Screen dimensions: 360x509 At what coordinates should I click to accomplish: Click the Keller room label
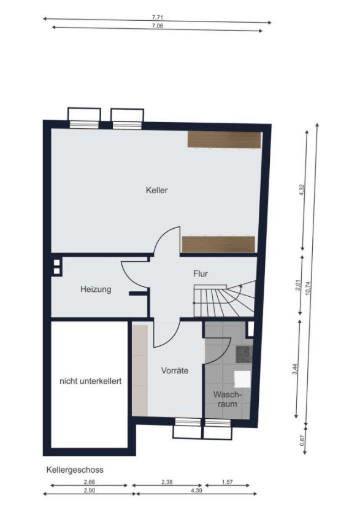[157, 190]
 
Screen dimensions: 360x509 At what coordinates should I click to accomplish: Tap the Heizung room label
[96, 289]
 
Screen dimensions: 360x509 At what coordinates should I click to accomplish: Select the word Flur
[201, 274]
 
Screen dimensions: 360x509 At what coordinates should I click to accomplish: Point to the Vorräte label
[175, 370]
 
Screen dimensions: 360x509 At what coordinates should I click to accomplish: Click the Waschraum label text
[228, 399]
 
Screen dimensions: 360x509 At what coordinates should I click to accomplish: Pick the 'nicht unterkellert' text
[91, 381]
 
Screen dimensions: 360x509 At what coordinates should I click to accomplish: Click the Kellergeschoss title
[75, 469]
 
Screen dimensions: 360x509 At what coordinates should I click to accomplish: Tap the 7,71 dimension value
[157, 18]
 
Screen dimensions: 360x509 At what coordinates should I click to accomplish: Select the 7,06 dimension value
[158, 26]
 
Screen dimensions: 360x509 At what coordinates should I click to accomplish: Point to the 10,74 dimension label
[308, 288]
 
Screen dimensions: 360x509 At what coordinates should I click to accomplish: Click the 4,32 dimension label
[301, 189]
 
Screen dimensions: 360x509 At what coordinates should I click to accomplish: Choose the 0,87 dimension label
[302, 440]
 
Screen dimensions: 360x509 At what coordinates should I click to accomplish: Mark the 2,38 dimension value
[167, 482]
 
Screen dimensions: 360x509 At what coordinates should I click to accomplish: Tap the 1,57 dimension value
[228, 482]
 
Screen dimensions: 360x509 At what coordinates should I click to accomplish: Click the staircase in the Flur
[224, 299]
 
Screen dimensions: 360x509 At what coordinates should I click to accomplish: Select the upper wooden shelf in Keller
[224, 140]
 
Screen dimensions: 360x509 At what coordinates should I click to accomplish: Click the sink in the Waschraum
[243, 354]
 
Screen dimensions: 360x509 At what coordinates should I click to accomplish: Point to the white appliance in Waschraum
[242, 379]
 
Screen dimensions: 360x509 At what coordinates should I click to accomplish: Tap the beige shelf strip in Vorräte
[140, 370]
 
